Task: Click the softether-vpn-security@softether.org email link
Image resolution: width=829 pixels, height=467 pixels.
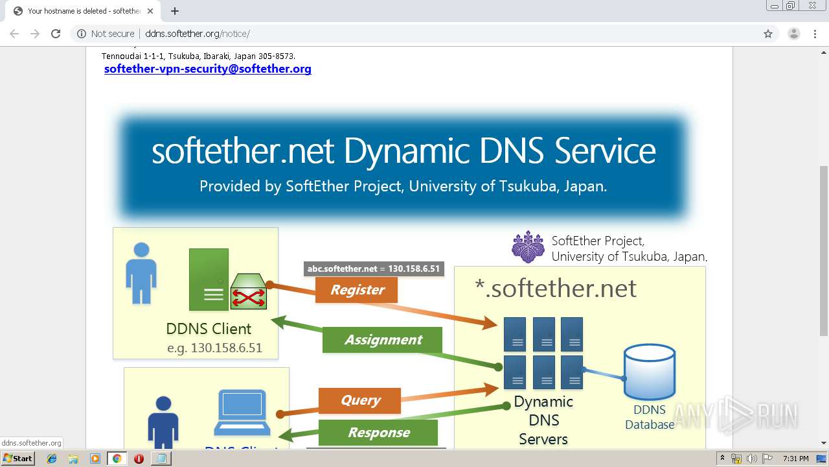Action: (x=207, y=69)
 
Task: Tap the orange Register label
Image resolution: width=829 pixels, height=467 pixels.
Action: (x=357, y=290)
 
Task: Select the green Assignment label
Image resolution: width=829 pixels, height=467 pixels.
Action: (x=383, y=340)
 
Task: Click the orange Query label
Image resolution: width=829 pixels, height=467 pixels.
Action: (x=360, y=400)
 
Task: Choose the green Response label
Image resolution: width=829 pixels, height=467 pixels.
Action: (x=378, y=433)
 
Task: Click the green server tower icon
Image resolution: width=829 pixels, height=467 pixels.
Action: (x=209, y=279)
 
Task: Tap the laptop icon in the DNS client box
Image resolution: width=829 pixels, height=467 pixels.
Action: (x=242, y=411)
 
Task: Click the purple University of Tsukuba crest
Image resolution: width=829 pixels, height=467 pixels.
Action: (x=528, y=246)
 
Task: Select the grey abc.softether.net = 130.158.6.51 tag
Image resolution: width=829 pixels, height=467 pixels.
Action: (x=374, y=269)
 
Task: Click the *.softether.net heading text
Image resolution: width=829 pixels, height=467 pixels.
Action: (x=556, y=288)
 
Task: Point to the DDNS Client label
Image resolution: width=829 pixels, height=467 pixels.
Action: (x=209, y=329)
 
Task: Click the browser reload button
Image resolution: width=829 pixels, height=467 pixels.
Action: (x=56, y=34)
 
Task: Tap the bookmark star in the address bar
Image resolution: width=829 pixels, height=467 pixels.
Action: (x=768, y=34)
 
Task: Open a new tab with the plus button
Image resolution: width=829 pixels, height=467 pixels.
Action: (x=175, y=11)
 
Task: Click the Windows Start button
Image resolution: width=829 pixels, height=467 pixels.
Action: (x=17, y=459)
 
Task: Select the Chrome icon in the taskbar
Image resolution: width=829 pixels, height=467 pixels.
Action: (x=117, y=459)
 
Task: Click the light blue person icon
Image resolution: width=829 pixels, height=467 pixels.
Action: (x=141, y=273)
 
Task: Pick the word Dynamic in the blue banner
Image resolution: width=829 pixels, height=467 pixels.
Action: (x=406, y=150)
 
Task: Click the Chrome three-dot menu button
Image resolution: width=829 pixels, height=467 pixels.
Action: (x=815, y=34)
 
